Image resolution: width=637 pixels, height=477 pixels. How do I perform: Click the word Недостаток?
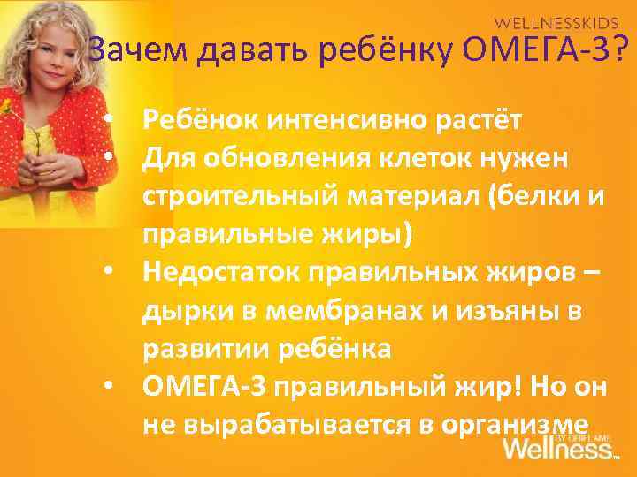coord(220,273)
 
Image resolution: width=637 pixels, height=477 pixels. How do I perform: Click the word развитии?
coord(198,350)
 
